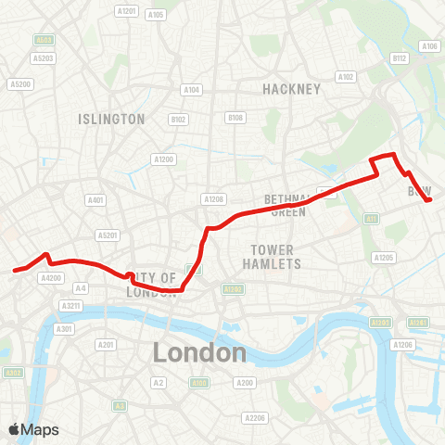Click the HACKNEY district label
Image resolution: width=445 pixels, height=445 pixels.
tap(291, 89)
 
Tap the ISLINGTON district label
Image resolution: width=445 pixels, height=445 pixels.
tap(111, 119)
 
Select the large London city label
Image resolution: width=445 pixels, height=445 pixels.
tap(199, 352)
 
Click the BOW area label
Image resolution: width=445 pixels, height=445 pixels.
tap(420, 191)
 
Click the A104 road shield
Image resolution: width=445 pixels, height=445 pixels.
tap(192, 90)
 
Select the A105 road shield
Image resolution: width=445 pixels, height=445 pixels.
tap(156, 15)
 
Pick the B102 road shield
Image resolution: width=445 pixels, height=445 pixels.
tap(178, 119)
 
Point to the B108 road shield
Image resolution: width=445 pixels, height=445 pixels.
tap(235, 118)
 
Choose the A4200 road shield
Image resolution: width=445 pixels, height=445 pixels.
tap(51, 276)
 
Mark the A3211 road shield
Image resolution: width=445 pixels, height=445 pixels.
tap(71, 305)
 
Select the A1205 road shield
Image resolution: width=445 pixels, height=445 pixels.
tap(383, 257)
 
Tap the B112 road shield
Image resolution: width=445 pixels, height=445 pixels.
tap(400, 57)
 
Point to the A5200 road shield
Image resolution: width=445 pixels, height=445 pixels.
tap(20, 83)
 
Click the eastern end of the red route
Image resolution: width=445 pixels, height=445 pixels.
tap(429, 199)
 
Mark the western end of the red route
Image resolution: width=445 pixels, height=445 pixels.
tap(14, 271)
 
